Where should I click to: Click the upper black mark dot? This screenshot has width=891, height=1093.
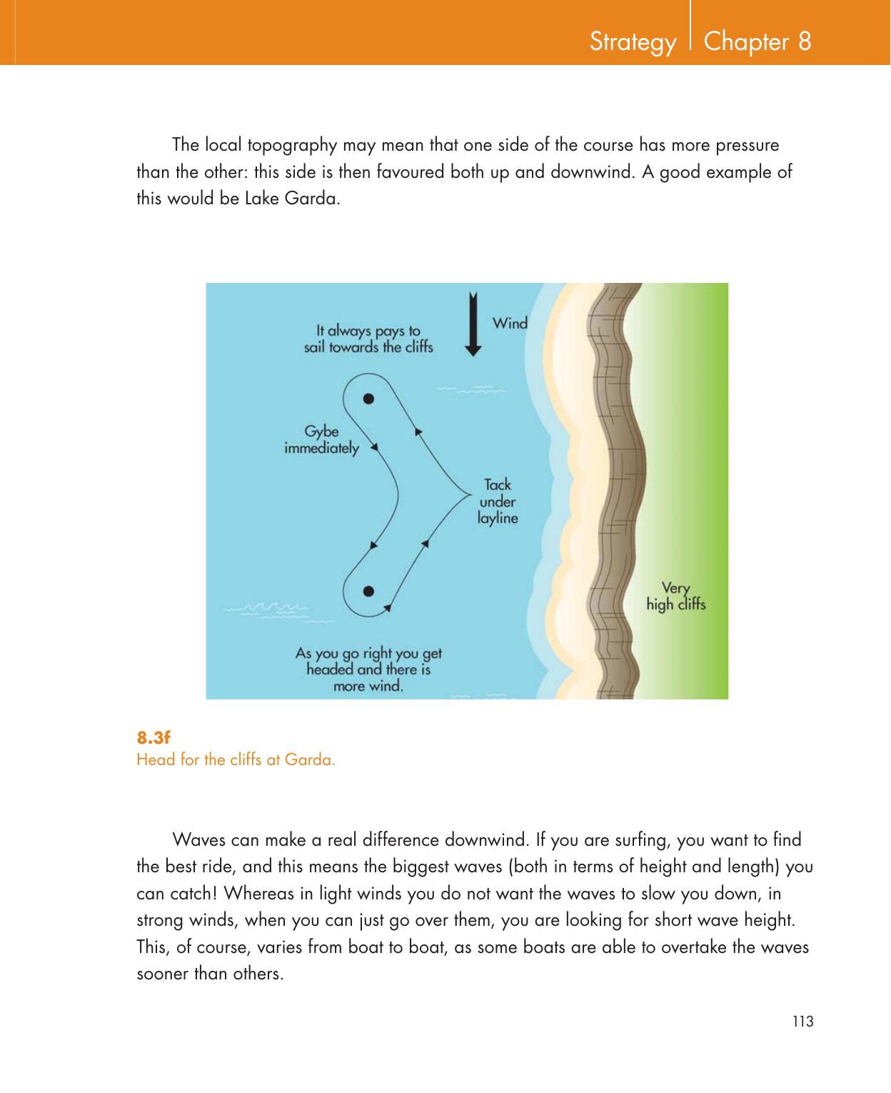coord(368,398)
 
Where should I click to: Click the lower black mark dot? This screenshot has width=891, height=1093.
coord(369,590)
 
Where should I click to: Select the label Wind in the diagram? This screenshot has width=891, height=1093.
coord(510,323)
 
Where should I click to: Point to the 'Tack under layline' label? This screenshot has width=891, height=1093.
coord(497,501)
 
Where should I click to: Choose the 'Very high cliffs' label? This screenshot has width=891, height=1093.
coord(675,597)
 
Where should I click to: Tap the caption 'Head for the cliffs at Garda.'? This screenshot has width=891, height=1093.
coord(236,759)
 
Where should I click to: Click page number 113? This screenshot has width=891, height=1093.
coord(803,1021)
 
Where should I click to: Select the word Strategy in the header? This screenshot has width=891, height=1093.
coord(633,43)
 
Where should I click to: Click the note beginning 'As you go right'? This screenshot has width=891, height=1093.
coord(368,669)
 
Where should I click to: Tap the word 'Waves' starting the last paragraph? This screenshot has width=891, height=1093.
coord(197,837)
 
